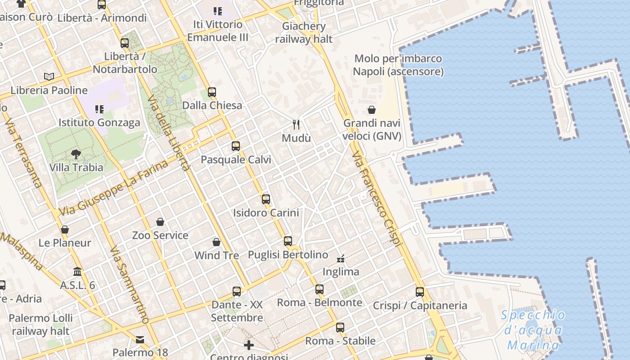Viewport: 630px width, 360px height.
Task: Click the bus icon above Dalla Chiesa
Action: pos(211,92)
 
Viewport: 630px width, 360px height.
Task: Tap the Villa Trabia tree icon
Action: pos(76,154)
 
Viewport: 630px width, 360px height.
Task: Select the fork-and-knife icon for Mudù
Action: pos(296,124)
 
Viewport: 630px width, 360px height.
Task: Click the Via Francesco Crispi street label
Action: pos(376,198)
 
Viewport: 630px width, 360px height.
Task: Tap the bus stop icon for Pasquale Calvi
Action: pos(236,146)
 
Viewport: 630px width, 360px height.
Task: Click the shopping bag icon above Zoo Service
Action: pos(160,222)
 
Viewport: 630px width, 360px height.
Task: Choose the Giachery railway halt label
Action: pos(304,32)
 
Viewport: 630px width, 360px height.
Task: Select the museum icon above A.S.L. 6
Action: pos(77,272)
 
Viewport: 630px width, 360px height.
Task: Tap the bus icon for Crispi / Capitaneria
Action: pos(420,292)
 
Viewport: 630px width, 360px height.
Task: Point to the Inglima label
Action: pos(341,272)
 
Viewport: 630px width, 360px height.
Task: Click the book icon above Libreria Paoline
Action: pos(49,76)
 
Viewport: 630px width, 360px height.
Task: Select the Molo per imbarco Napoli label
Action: pos(398,65)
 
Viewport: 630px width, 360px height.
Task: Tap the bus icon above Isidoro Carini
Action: pos(266,199)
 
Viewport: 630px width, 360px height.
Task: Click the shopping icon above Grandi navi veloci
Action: pos(372,110)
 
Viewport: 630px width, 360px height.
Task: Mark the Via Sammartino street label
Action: pos(129,284)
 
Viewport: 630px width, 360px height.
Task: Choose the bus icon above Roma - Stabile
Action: pos(340,328)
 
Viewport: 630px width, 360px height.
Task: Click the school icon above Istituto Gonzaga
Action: pos(99,109)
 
